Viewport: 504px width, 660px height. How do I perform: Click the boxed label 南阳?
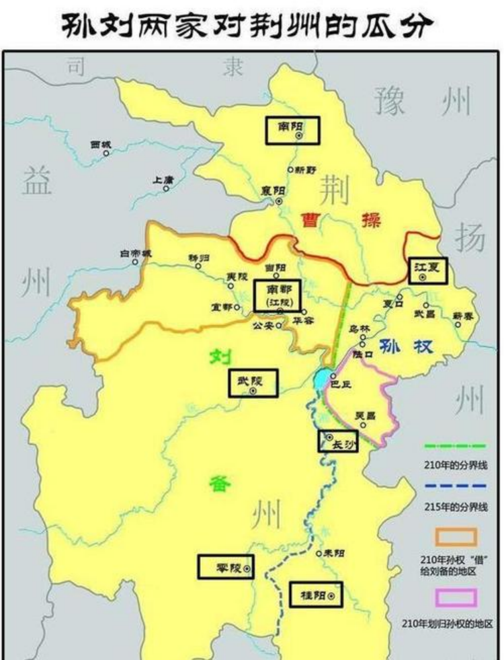(292, 131)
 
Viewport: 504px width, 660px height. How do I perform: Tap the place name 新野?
(303, 170)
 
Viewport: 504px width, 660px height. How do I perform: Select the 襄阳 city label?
(274, 191)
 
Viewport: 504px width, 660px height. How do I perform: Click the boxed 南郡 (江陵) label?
(278, 296)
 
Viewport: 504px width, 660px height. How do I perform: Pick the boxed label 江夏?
(427, 270)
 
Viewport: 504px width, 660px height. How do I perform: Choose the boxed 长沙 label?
(338, 441)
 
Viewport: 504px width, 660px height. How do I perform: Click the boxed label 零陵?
(226, 566)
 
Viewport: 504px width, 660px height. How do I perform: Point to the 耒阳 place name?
(333, 553)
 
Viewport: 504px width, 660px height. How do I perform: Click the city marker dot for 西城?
(106, 153)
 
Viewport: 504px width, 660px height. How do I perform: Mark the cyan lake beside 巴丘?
(321, 379)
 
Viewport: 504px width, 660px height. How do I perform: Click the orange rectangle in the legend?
(454, 537)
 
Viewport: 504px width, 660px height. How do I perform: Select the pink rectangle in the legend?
(454, 598)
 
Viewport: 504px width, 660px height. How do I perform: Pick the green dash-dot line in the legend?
(454, 447)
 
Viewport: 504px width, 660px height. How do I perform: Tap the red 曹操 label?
(339, 221)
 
